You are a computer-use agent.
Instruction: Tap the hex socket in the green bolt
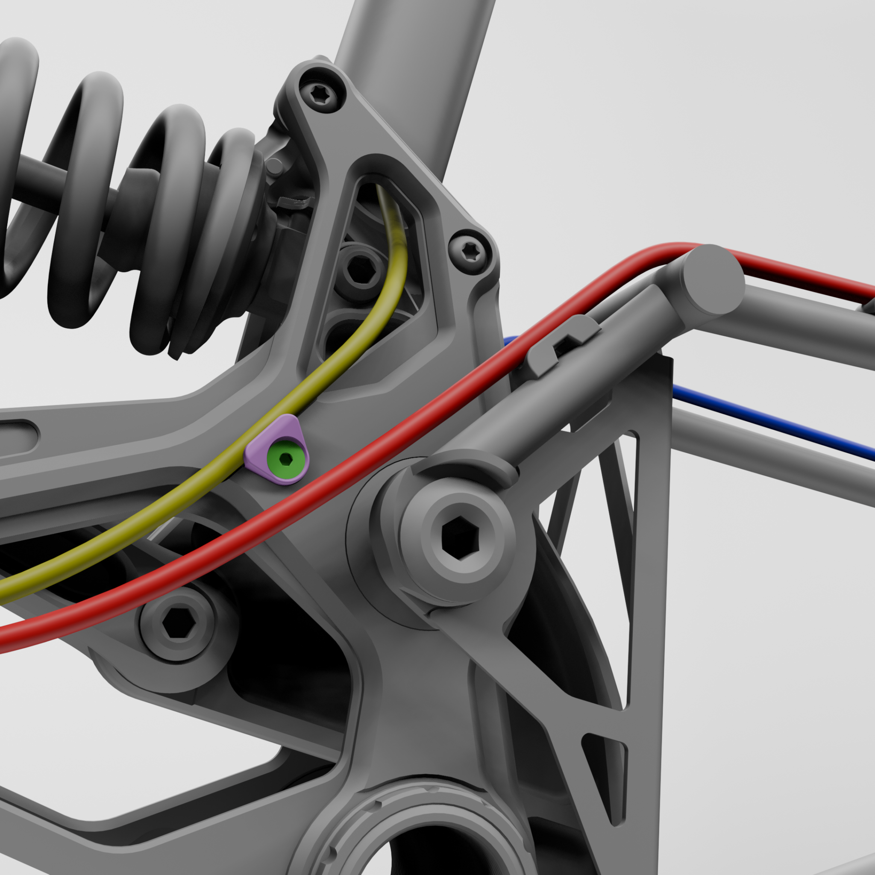coord(285,460)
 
